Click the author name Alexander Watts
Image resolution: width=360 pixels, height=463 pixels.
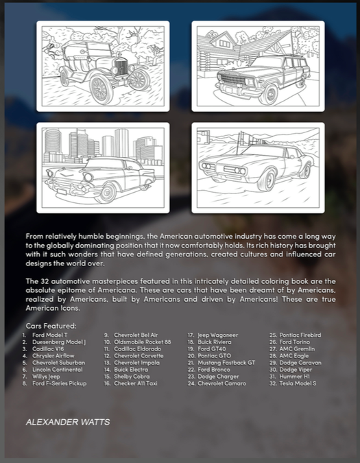point(68,422)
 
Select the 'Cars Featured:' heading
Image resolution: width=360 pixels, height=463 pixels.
point(51,326)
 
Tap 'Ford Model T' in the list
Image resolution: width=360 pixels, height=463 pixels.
point(50,335)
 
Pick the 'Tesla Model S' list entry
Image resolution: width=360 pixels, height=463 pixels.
point(298,383)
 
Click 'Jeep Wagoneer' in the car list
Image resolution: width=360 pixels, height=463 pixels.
point(218,335)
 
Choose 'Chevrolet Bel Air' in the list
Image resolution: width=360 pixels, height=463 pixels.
point(136,335)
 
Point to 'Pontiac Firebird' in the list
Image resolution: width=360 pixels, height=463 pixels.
point(300,335)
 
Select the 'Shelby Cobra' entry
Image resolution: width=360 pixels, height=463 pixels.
point(132,377)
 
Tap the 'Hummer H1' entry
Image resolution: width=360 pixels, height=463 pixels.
point(294,377)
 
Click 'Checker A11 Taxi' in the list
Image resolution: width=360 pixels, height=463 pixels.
point(136,383)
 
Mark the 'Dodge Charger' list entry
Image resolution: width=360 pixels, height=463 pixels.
point(218,377)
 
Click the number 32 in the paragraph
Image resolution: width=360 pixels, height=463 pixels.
point(45,281)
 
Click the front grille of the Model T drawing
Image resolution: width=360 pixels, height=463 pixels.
point(121,67)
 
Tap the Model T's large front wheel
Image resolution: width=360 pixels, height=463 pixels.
point(101,88)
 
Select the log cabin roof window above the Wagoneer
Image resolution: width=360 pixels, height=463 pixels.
point(225,43)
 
